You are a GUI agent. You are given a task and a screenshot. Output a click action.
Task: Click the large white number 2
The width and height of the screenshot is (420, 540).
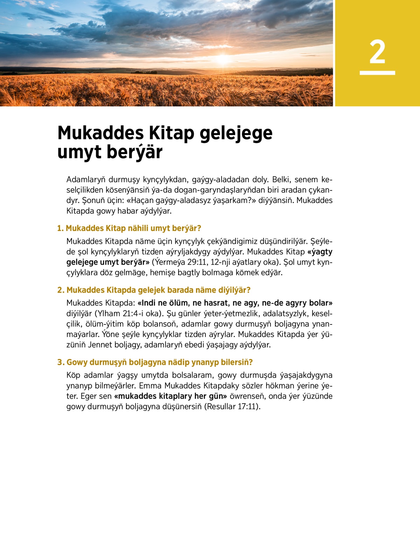tap(377, 52)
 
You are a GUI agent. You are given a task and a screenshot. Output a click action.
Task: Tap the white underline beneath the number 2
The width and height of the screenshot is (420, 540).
tap(377, 73)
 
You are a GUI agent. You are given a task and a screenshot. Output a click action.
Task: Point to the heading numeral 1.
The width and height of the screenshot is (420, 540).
tap(60, 229)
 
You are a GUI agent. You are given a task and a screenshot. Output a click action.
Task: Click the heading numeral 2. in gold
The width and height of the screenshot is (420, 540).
tap(61, 290)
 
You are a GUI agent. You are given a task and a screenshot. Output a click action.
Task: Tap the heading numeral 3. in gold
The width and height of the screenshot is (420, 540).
tap(61, 362)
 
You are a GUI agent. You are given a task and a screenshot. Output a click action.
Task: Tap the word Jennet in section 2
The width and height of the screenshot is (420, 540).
tap(100, 345)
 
